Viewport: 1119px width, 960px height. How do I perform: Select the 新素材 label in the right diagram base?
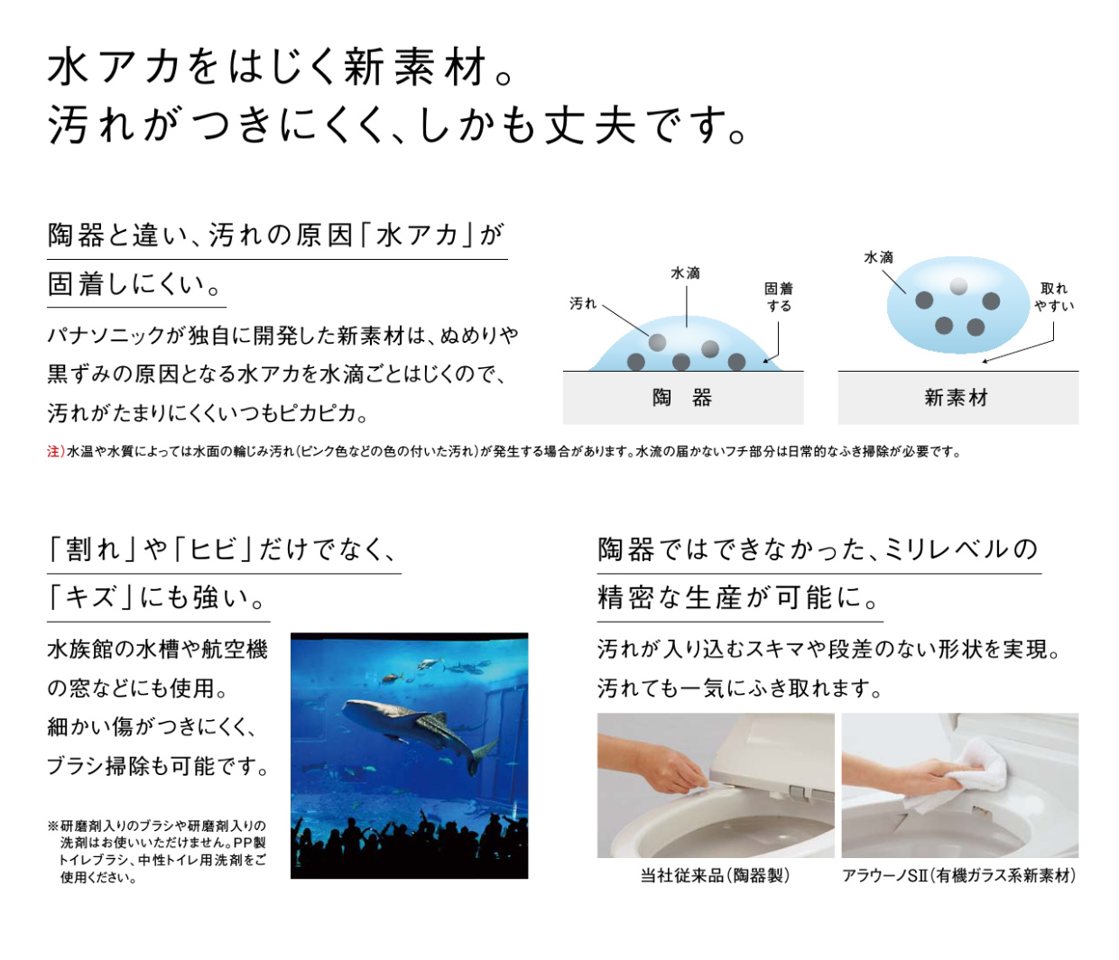pos(957,398)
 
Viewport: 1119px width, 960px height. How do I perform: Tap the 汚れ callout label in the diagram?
pos(582,303)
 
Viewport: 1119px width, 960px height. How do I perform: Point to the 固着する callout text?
pos(779,297)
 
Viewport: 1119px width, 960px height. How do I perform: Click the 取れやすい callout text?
pos(1053,297)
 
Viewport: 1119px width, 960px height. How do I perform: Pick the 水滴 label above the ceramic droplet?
pos(685,273)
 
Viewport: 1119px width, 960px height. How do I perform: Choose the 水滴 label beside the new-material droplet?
pos(879,257)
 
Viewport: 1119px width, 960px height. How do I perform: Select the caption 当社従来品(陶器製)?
pos(715,875)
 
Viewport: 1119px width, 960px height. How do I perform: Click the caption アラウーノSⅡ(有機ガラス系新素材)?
pos(958,875)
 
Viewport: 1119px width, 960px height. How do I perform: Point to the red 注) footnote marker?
pos(56,451)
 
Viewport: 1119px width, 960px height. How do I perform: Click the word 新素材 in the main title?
pos(415,67)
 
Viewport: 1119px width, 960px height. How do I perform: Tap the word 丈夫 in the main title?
pos(590,125)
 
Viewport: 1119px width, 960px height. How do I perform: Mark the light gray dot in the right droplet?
pos(958,286)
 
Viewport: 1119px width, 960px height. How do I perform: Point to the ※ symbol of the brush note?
pos(52,826)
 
